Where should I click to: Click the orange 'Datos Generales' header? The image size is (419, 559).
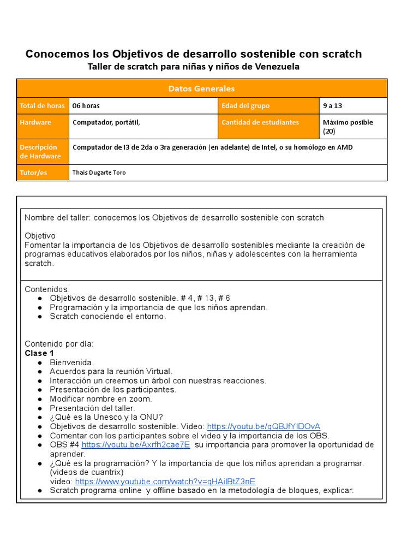[201, 88]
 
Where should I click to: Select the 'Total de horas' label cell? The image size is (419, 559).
[42, 106]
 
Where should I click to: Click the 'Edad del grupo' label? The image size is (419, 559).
[246, 106]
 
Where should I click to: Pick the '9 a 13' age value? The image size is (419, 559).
[332, 106]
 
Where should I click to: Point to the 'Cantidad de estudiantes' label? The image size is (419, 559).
[260, 122]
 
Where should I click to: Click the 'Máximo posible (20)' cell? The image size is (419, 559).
[348, 127]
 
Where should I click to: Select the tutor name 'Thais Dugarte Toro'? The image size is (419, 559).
[99, 173]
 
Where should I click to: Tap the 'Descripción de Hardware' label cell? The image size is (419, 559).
[40, 152]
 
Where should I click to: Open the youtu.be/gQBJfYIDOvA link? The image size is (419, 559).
[264, 426]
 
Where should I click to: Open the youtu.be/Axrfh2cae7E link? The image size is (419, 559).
[135, 445]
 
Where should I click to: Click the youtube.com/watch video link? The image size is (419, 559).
[165, 481]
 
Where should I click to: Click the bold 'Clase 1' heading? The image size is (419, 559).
[40, 353]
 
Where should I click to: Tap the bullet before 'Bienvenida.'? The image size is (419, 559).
[40, 362]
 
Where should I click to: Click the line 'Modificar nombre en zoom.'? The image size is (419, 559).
[101, 399]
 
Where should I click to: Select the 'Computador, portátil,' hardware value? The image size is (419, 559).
[106, 122]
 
